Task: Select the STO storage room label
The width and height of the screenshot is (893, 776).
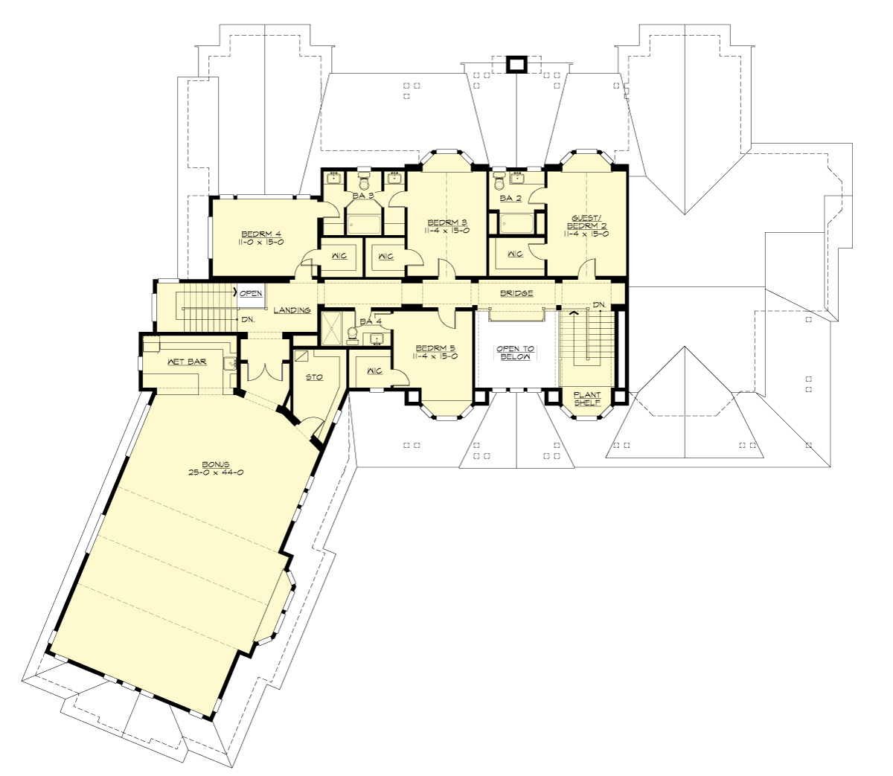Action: pyautogui.click(x=314, y=377)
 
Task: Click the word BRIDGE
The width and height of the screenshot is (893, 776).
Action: pyautogui.click(x=516, y=293)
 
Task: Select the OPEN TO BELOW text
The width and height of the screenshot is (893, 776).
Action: pyautogui.click(x=516, y=353)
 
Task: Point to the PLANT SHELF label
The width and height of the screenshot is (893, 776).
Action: pyautogui.click(x=587, y=399)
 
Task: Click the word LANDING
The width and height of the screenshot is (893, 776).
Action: pyautogui.click(x=291, y=310)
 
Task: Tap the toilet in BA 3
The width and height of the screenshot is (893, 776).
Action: pyautogui.click(x=364, y=181)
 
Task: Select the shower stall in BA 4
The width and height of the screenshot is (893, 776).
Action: pyautogui.click(x=331, y=327)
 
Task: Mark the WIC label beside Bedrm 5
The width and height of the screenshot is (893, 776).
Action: pyautogui.click(x=374, y=371)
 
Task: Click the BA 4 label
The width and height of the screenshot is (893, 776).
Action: pyautogui.click(x=370, y=321)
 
